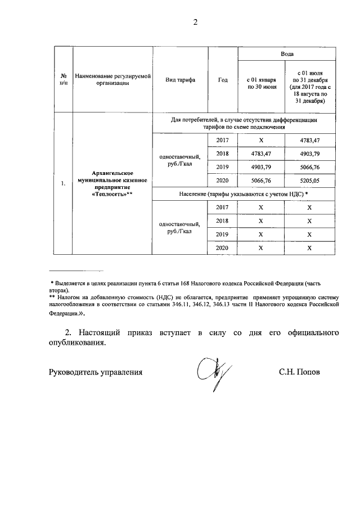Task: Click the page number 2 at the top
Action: pyautogui.click(x=195, y=22)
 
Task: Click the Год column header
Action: pyautogui.click(x=223, y=80)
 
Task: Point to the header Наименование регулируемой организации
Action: pyautogui.click(x=112, y=80)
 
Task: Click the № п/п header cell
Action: pyautogui.click(x=64, y=80)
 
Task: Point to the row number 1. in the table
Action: pyautogui.click(x=64, y=183)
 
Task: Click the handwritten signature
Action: pyautogui.click(x=214, y=373)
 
